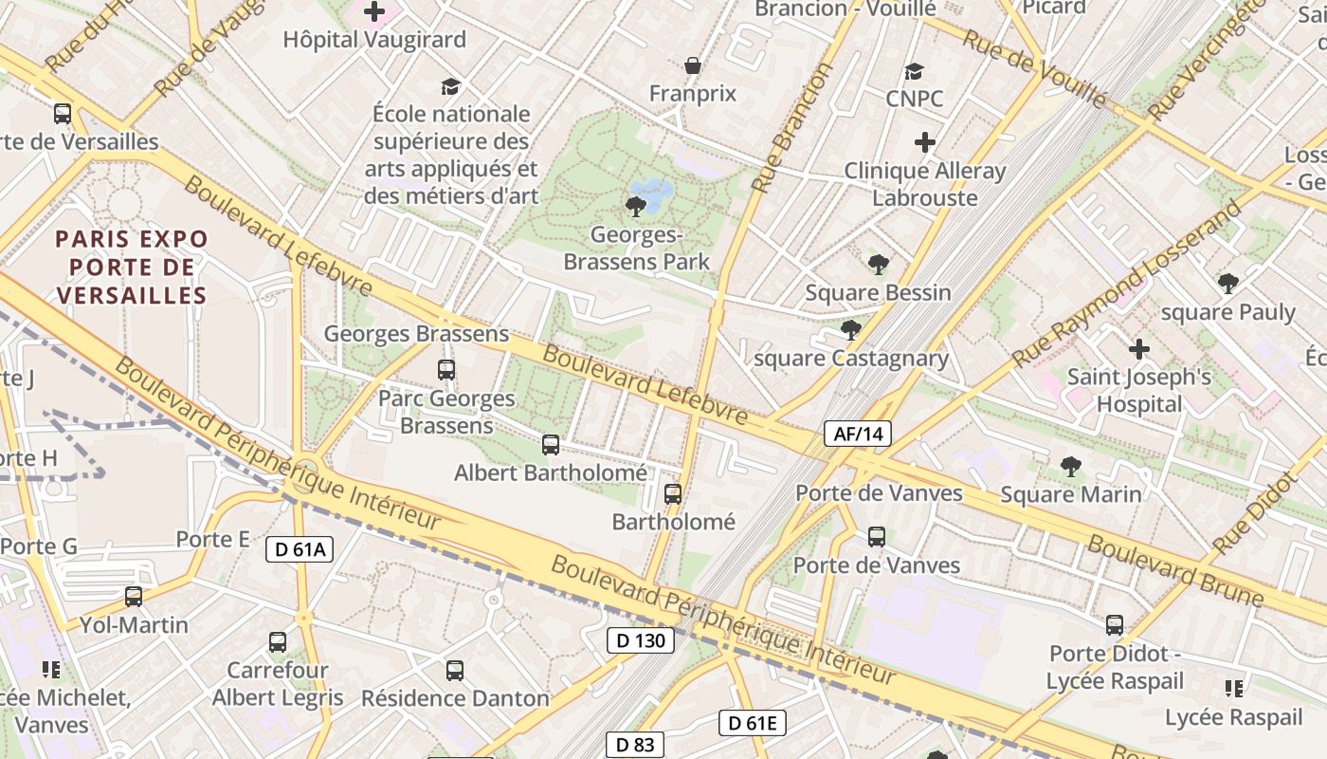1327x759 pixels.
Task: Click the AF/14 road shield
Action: (858, 435)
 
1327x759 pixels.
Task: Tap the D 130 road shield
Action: (641, 640)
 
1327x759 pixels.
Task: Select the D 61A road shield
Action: (300, 548)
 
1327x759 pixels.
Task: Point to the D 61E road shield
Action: (753, 723)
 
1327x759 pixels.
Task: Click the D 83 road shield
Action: (635, 745)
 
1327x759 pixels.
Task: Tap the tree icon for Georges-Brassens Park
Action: (636, 206)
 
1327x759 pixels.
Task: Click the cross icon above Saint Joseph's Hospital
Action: (1139, 349)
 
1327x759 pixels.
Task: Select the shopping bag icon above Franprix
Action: (693, 65)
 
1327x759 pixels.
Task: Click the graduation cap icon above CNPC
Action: (914, 71)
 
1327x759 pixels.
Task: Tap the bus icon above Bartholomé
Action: (673, 493)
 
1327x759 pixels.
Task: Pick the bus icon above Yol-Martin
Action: (134, 597)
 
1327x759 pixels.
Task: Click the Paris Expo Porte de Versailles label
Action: (131, 267)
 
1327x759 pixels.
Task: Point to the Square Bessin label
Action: (878, 292)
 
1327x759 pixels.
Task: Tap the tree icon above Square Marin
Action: (1071, 466)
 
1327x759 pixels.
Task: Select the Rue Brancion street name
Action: (791, 127)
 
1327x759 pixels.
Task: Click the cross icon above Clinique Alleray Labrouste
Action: (925, 142)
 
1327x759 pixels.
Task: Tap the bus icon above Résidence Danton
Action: (455, 671)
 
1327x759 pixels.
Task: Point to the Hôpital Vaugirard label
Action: (374, 40)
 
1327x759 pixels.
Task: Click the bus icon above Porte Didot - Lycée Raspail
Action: (1115, 625)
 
